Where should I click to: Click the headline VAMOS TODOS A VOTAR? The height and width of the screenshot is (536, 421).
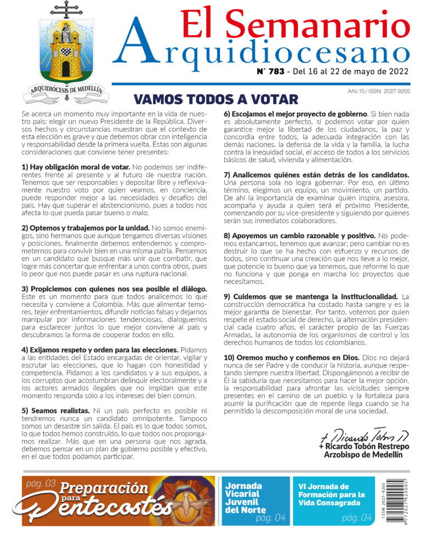pyautogui.click(x=216, y=99)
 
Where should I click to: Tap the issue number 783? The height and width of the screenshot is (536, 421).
pyautogui.click(x=278, y=71)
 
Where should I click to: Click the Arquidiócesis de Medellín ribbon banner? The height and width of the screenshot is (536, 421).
pyautogui.click(x=66, y=91)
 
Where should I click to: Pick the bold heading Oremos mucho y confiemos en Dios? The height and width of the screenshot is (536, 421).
pyautogui.click(x=291, y=358)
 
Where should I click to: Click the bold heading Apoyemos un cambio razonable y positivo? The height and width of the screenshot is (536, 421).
pyautogui.click(x=299, y=235)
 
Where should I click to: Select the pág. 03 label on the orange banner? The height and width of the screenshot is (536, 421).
pyautogui.click(x=42, y=483)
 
